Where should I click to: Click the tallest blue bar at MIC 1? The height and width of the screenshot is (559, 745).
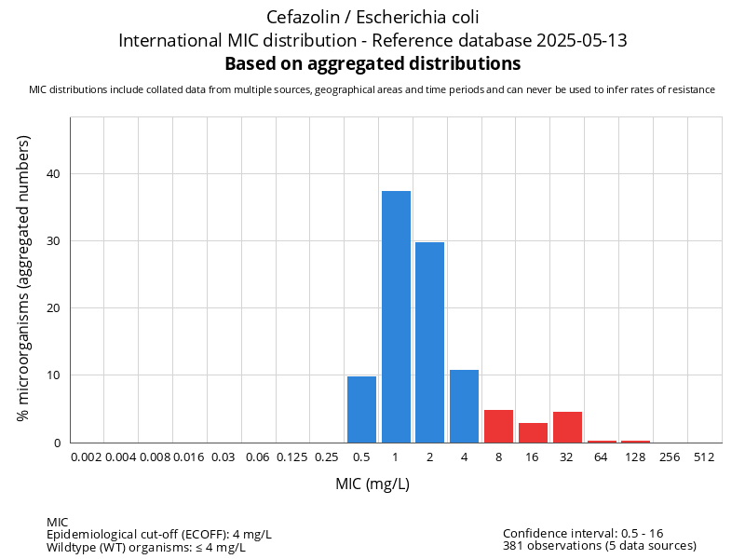tap(396, 317)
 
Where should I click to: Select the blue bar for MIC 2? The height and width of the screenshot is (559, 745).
tap(429, 342)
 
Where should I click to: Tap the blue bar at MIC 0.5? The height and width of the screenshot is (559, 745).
tap(361, 409)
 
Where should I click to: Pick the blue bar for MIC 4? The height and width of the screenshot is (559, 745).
tap(464, 406)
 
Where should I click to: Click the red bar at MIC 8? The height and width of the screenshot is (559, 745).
tap(498, 426)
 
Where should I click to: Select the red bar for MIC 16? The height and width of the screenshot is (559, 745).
tap(533, 432)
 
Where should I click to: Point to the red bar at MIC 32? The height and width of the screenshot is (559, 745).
tap(567, 427)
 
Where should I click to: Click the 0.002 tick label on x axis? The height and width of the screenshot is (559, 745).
tap(87, 457)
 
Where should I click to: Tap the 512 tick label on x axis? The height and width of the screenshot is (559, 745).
tap(704, 457)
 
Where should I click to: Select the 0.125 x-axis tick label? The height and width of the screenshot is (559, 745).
tap(292, 457)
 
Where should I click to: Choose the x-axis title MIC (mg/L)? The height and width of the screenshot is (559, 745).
tap(372, 484)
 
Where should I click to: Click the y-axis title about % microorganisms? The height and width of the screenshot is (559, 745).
tap(23, 278)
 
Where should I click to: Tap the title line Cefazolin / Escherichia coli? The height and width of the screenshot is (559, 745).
tap(372, 17)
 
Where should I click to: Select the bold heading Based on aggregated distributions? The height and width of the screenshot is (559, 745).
tap(372, 64)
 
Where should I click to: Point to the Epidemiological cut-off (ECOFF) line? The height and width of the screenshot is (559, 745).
tap(159, 534)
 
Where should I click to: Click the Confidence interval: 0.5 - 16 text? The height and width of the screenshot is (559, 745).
tap(583, 533)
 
